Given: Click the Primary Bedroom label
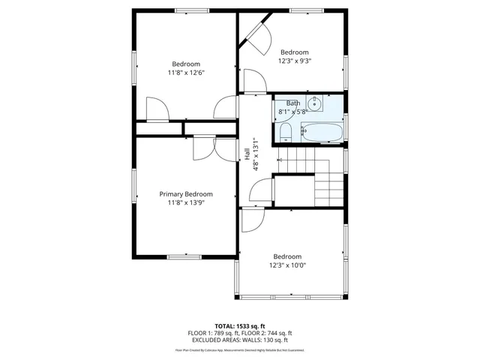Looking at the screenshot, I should pos(185,193).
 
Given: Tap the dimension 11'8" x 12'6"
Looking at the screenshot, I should pos(185,73).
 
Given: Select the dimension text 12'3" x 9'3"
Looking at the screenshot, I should pos(294,61).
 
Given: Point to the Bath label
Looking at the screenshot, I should pos(292,103).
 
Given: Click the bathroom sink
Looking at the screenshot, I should pos(316,104).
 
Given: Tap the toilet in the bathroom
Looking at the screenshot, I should pos(285,133).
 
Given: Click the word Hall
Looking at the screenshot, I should pos(247,153).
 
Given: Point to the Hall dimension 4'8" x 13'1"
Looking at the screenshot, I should pos(255,154).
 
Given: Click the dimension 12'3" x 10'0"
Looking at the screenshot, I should pos(287,265).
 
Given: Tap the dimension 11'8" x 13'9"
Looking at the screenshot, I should pos(185,202).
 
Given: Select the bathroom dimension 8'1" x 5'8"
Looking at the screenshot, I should pos(292,112).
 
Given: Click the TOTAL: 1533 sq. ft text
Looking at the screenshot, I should pos(239,325).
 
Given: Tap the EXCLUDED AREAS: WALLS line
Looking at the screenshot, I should pos(239,340).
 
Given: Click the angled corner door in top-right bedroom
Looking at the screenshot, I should pos(256,38).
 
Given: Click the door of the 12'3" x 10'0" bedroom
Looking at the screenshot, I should pos(253,220).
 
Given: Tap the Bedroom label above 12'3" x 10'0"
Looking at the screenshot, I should pos(287,256).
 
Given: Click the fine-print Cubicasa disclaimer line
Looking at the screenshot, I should pos(239,349).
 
